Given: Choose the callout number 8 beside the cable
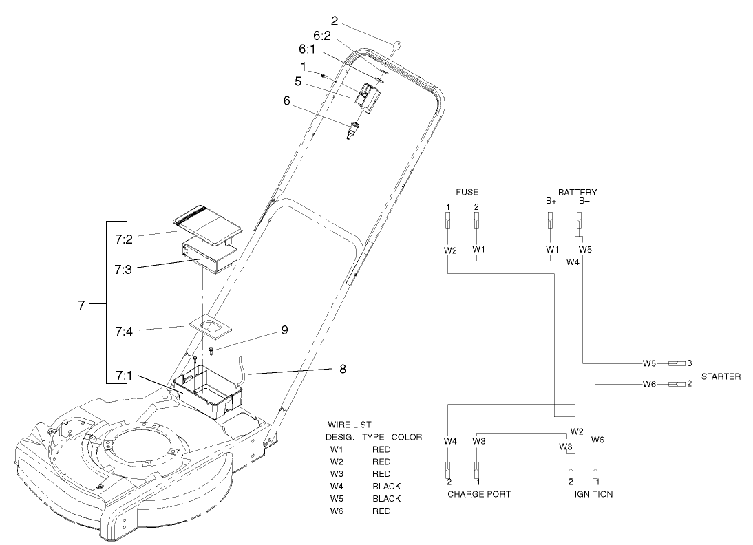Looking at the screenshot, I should (x=343, y=369).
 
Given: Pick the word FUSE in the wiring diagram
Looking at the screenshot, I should (x=467, y=192).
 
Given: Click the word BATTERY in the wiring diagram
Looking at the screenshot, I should (x=577, y=192).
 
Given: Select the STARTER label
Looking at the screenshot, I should (x=721, y=377).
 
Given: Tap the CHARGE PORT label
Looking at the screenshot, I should (x=479, y=494).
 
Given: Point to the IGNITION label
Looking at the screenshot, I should (x=593, y=494).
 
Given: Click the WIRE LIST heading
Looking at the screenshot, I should (x=350, y=425).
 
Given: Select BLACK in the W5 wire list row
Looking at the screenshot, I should (x=386, y=498).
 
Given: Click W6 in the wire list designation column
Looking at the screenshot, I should (x=336, y=511).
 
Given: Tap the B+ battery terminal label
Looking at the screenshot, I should (x=550, y=201).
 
